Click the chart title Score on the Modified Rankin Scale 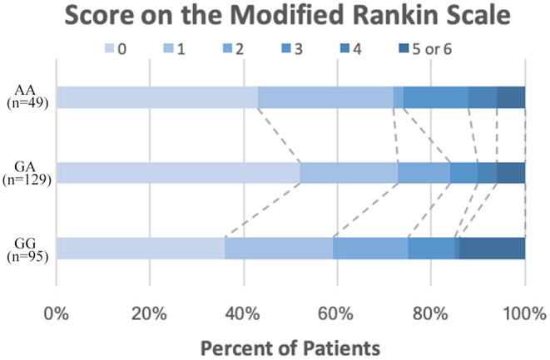tap(275, 17)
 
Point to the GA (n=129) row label tap(28, 172)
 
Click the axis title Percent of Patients tap(290, 343)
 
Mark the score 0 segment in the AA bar tap(156, 97)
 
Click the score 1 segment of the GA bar tap(349, 173)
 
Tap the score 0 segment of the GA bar tap(178, 173)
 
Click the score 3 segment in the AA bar tap(436, 97)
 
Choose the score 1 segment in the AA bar tap(325, 97)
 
